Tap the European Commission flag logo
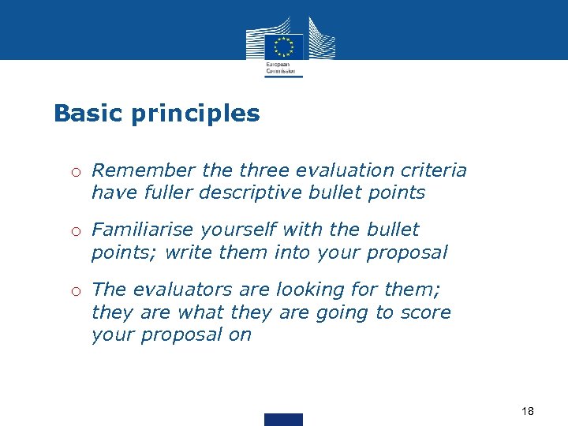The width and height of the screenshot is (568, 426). click(283, 46)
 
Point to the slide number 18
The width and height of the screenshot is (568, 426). click(528, 411)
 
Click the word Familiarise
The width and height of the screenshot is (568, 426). click(143, 230)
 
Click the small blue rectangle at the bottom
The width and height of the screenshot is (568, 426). click(283, 419)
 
